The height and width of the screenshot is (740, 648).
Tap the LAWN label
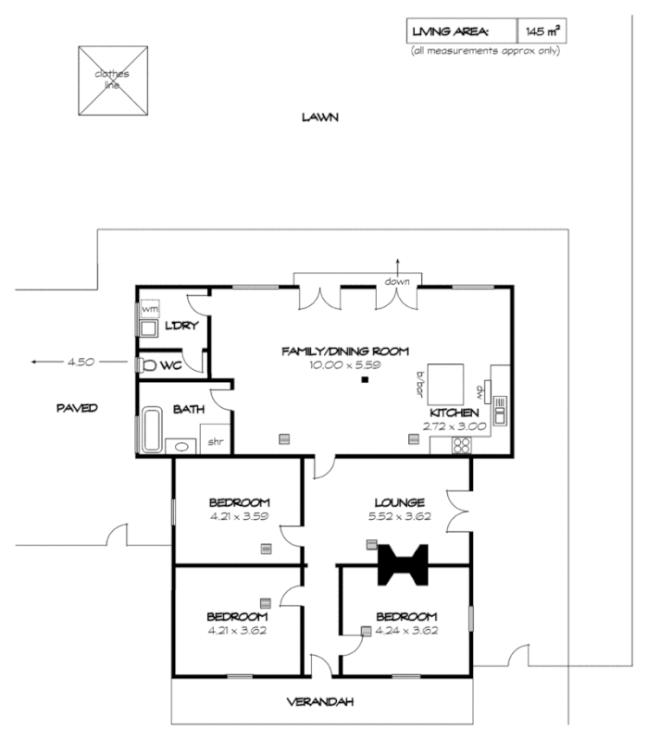(x=319, y=117)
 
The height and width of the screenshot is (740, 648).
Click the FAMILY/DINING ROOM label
(x=344, y=351)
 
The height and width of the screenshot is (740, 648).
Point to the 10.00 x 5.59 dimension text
(x=344, y=365)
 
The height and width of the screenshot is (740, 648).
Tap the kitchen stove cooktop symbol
(x=461, y=446)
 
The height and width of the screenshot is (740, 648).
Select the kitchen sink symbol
(x=500, y=408)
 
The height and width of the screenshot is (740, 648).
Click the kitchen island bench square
(x=443, y=379)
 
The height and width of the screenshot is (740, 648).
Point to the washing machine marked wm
(x=148, y=307)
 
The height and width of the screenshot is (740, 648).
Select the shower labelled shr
(x=215, y=442)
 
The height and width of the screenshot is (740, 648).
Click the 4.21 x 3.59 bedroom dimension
(x=238, y=517)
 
